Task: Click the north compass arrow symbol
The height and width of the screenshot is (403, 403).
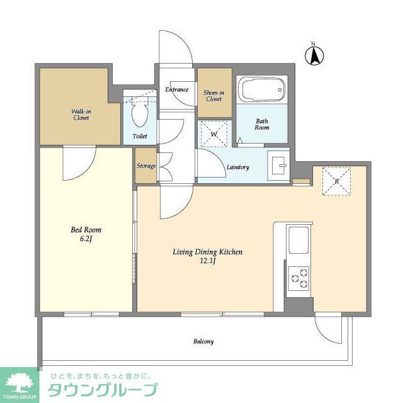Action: click(x=313, y=55)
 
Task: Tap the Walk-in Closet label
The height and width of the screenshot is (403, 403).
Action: click(x=80, y=114)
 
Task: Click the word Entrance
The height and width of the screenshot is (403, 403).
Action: click(x=177, y=89)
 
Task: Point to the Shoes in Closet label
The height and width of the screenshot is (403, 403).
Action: click(x=213, y=96)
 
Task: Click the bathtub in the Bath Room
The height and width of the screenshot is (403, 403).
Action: click(x=261, y=90)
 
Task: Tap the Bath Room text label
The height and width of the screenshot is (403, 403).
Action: click(x=262, y=123)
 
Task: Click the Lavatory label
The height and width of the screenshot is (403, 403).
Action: click(x=238, y=167)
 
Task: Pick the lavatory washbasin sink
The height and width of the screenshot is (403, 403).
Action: click(x=278, y=166)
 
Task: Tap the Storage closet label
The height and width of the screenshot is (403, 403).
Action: click(x=146, y=166)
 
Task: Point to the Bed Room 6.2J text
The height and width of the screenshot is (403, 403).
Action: click(x=86, y=234)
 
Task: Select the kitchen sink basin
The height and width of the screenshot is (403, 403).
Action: click(x=298, y=240)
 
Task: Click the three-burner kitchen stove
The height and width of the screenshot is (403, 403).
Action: click(x=298, y=278)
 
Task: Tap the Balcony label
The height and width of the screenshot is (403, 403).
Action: click(x=203, y=341)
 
